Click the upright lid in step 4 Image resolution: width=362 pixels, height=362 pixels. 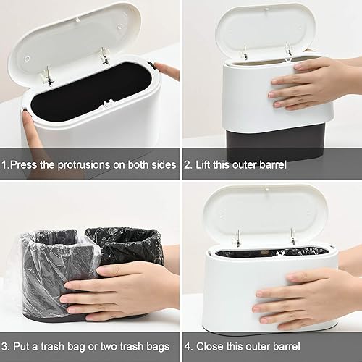tap(264, 214)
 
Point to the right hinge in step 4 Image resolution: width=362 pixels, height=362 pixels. tap(292, 237)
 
